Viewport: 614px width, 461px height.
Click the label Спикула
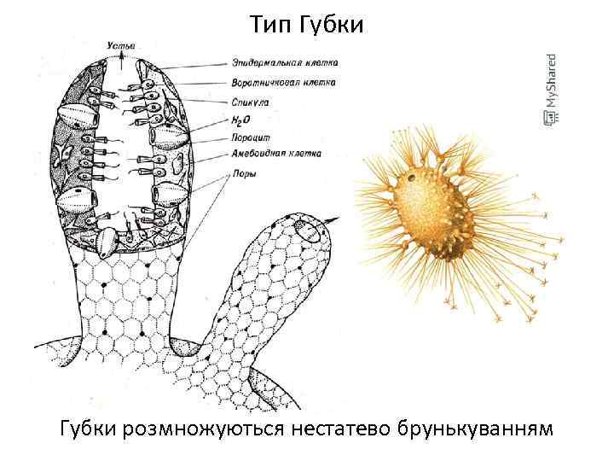(250, 102)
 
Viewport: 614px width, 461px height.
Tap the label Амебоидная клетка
(275, 155)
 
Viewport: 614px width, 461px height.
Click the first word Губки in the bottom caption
(90, 427)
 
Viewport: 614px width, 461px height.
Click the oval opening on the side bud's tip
(312, 226)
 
